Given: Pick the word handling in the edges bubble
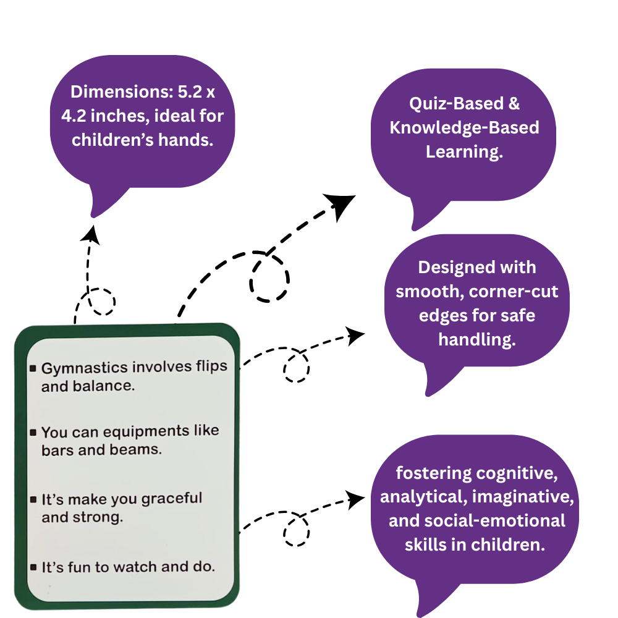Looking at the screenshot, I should (476, 339).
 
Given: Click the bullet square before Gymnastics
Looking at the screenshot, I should (33, 369).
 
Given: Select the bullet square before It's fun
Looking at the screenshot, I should (33, 567).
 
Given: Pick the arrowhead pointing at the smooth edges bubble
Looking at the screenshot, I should (356, 336).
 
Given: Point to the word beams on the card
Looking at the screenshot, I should (140, 450).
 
